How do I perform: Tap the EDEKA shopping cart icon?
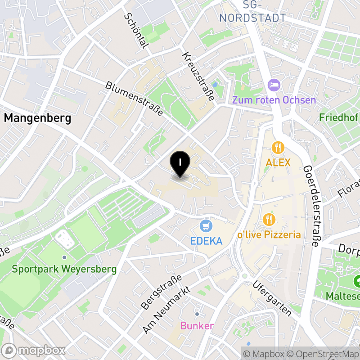(x=207, y=225)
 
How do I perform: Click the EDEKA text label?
(x=207, y=241)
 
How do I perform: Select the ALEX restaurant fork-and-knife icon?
(x=279, y=147)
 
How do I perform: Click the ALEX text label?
(x=279, y=162)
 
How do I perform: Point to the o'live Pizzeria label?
(x=270, y=234)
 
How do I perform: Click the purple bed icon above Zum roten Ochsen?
(x=274, y=84)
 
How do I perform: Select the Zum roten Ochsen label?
(x=274, y=100)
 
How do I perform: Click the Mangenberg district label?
(x=38, y=118)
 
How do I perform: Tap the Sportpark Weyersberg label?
(x=64, y=270)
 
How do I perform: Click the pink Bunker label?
(x=197, y=326)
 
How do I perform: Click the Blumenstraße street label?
(x=135, y=99)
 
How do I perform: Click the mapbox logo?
(x=34, y=350)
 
